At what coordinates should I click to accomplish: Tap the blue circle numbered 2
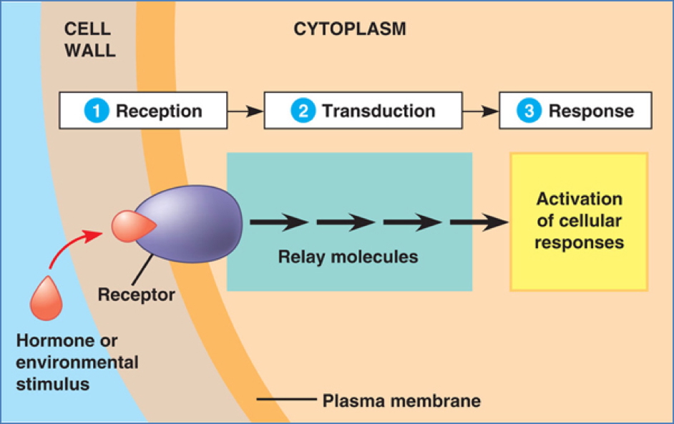[302, 111]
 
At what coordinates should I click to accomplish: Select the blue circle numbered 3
[529, 111]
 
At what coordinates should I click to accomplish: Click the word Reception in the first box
[159, 111]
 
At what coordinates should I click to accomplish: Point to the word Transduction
[378, 111]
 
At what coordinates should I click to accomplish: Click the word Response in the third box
[591, 111]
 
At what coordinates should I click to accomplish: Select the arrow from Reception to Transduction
[245, 111]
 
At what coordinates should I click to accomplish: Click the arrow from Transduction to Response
[479, 111]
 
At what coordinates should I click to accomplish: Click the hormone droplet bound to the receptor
[132, 227]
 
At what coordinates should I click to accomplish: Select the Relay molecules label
[348, 257]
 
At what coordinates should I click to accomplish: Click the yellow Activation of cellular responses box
[579, 221]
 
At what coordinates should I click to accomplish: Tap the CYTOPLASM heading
[349, 29]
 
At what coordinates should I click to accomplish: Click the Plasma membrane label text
[401, 400]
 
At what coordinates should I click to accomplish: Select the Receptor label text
[136, 294]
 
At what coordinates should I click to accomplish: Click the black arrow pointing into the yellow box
[478, 223]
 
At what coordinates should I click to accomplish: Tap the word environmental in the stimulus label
[77, 362]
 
